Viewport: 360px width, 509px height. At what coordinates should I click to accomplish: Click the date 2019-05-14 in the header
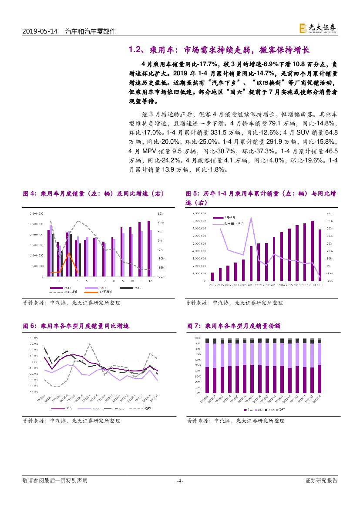point(40,31)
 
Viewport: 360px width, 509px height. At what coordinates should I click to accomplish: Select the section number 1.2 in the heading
point(136,50)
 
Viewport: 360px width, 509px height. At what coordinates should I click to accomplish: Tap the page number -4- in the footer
point(180,481)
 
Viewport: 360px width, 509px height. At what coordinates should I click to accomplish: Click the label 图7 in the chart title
point(193,326)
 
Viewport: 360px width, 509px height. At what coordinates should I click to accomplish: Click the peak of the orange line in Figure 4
point(68,253)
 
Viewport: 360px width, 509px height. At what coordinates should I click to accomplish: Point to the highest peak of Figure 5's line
point(251,217)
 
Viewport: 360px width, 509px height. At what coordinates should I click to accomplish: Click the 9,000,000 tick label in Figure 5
point(199,213)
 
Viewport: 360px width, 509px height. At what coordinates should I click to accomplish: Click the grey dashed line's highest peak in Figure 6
point(90,344)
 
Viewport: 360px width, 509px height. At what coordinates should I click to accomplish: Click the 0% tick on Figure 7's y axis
point(198,394)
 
